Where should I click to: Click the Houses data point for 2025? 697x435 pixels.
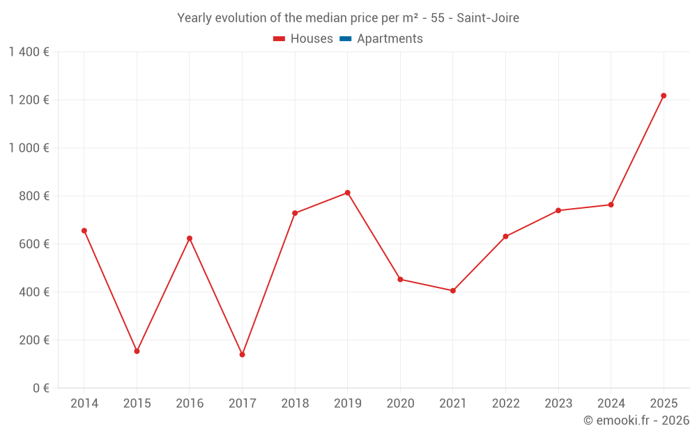point(664,95)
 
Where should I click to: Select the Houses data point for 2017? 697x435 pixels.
point(242,354)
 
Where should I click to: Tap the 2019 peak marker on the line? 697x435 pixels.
point(347,193)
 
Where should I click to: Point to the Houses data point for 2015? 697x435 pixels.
point(137,351)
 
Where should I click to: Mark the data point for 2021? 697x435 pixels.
point(453,290)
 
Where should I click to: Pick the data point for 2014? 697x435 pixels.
point(84,230)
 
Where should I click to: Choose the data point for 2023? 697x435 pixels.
point(558,210)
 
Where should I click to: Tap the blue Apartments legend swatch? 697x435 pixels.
point(345,39)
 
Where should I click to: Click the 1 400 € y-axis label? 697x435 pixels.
point(29,52)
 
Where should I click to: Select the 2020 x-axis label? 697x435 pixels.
point(400,404)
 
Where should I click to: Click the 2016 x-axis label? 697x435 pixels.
point(190,404)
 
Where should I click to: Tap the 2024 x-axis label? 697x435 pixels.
point(611,404)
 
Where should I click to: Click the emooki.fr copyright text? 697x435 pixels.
point(636,420)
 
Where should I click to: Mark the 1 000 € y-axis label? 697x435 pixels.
point(29,148)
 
